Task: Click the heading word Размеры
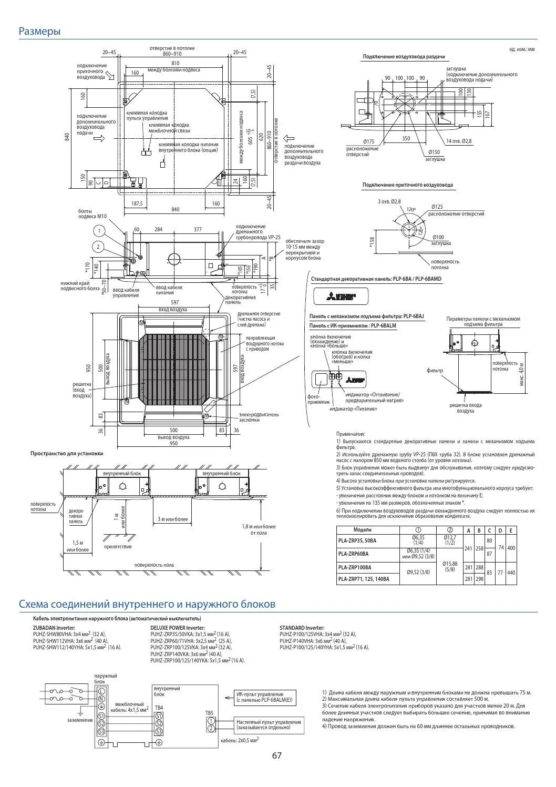39,32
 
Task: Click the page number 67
277,755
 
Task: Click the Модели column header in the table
362,530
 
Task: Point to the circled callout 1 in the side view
98,230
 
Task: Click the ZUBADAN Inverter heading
54,628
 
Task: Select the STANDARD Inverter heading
302,628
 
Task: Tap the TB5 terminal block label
210,713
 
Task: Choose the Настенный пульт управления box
269,725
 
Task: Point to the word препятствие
118,547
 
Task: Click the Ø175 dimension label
369,141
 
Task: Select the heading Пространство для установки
67,453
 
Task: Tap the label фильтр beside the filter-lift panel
435,370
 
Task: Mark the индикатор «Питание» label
353,408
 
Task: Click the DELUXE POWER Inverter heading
178,628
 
